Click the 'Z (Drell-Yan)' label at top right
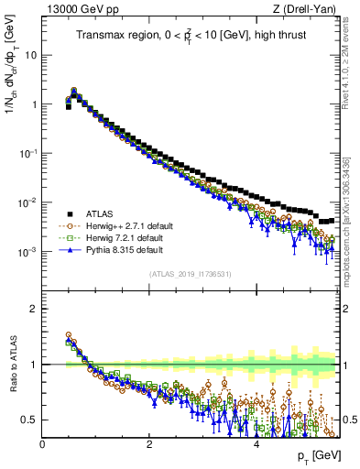tap(307, 8)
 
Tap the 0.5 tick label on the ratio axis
tap(29, 420)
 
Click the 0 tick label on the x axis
tap(42, 444)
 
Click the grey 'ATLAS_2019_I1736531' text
tap(191, 274)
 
